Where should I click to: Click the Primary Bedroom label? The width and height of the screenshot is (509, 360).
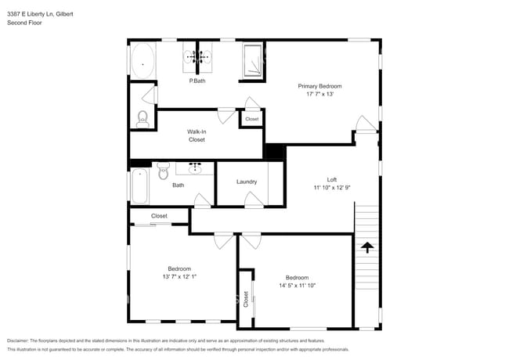(319, 86)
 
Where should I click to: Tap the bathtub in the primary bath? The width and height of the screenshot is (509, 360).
(143, 60)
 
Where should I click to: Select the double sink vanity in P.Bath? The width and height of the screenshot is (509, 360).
(198, 56)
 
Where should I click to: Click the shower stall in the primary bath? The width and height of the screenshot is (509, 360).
(253, 61)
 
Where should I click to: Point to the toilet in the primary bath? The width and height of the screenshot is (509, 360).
(143, 119)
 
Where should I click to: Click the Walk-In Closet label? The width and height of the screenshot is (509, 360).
(197, 135)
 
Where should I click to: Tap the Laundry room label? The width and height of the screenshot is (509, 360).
(247, 182)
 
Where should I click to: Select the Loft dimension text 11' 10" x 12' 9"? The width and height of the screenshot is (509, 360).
(332, 188)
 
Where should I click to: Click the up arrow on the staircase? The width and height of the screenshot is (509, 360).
(366, 249)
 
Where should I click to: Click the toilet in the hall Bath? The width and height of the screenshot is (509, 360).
(164, 170)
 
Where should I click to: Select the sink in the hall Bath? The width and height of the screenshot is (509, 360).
(195, 167)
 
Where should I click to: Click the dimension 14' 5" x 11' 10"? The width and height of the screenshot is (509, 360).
(297, 286)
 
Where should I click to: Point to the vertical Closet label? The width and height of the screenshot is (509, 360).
(246, 298)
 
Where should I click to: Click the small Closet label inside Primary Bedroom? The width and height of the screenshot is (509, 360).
(251, 119)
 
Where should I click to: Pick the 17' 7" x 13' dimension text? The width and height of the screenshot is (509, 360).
(319, 94)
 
